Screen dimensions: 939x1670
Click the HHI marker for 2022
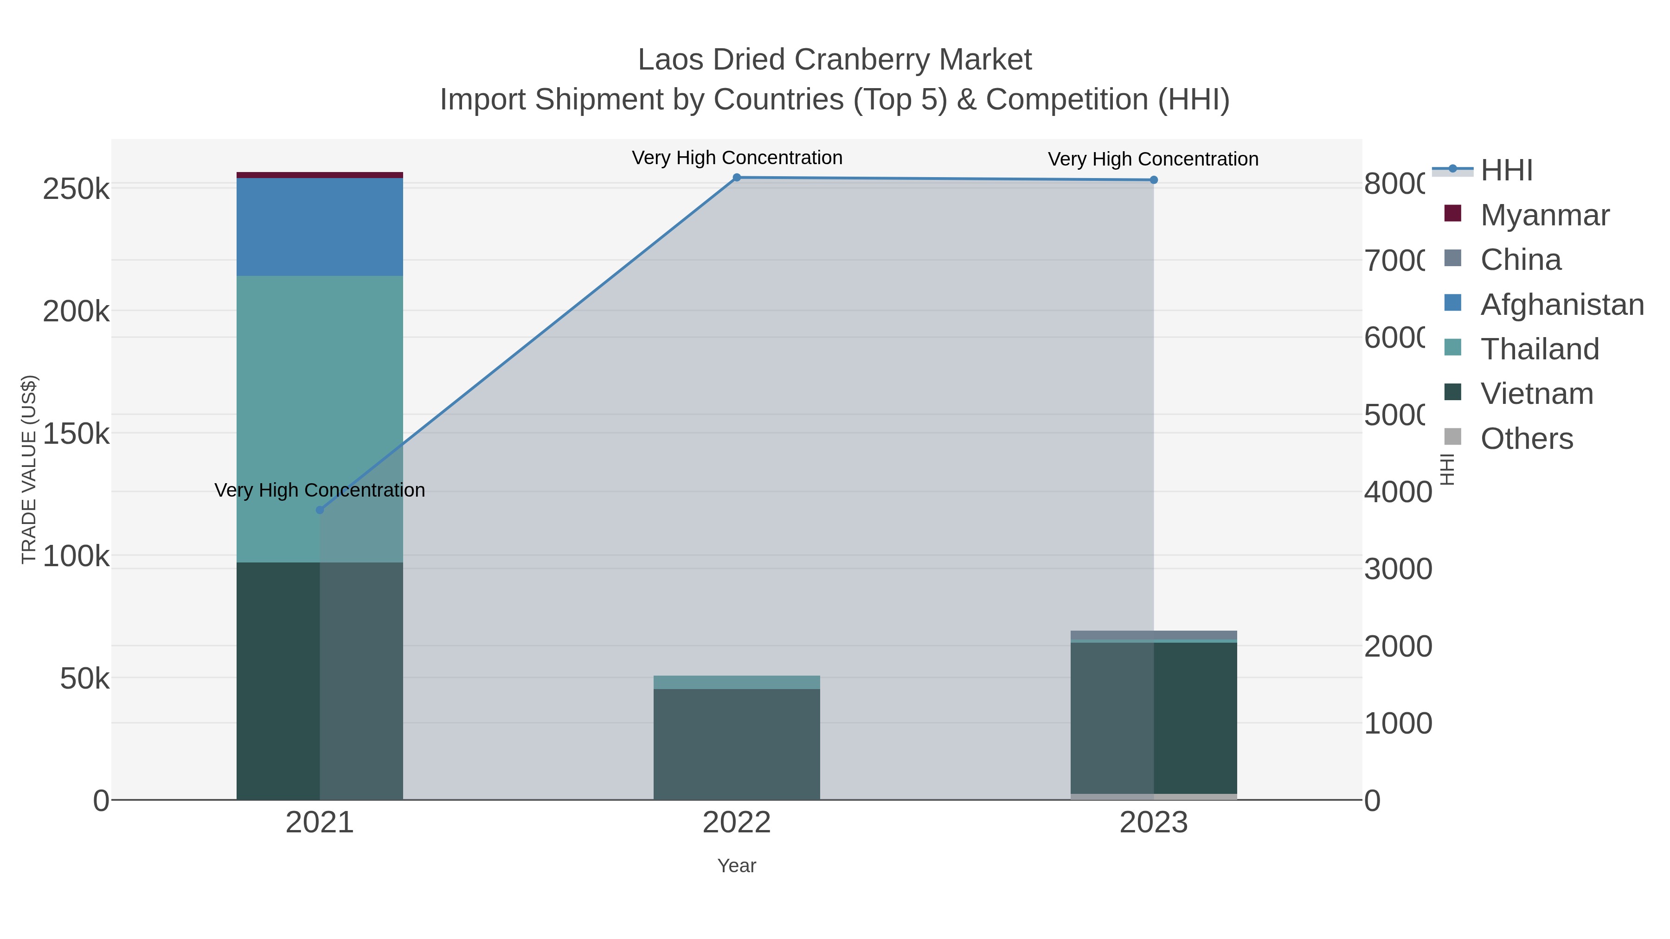tap(737, 178)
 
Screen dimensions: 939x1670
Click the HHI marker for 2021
tap(320, 510)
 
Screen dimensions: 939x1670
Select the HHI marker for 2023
tap(1153, 180)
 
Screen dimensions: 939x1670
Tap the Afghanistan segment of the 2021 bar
tap(320, 227)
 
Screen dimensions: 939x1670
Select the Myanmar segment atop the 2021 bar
tap(320, 175)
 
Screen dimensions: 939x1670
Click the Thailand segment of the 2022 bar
tap(737, 683)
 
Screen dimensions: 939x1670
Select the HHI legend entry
tap(1506, 171)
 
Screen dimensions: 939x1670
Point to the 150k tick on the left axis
tap(76, 434)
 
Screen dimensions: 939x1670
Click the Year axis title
tap(737, 866)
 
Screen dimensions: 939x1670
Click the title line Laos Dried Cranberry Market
tap(835, 60)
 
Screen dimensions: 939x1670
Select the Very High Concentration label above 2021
tap(320, 490)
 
